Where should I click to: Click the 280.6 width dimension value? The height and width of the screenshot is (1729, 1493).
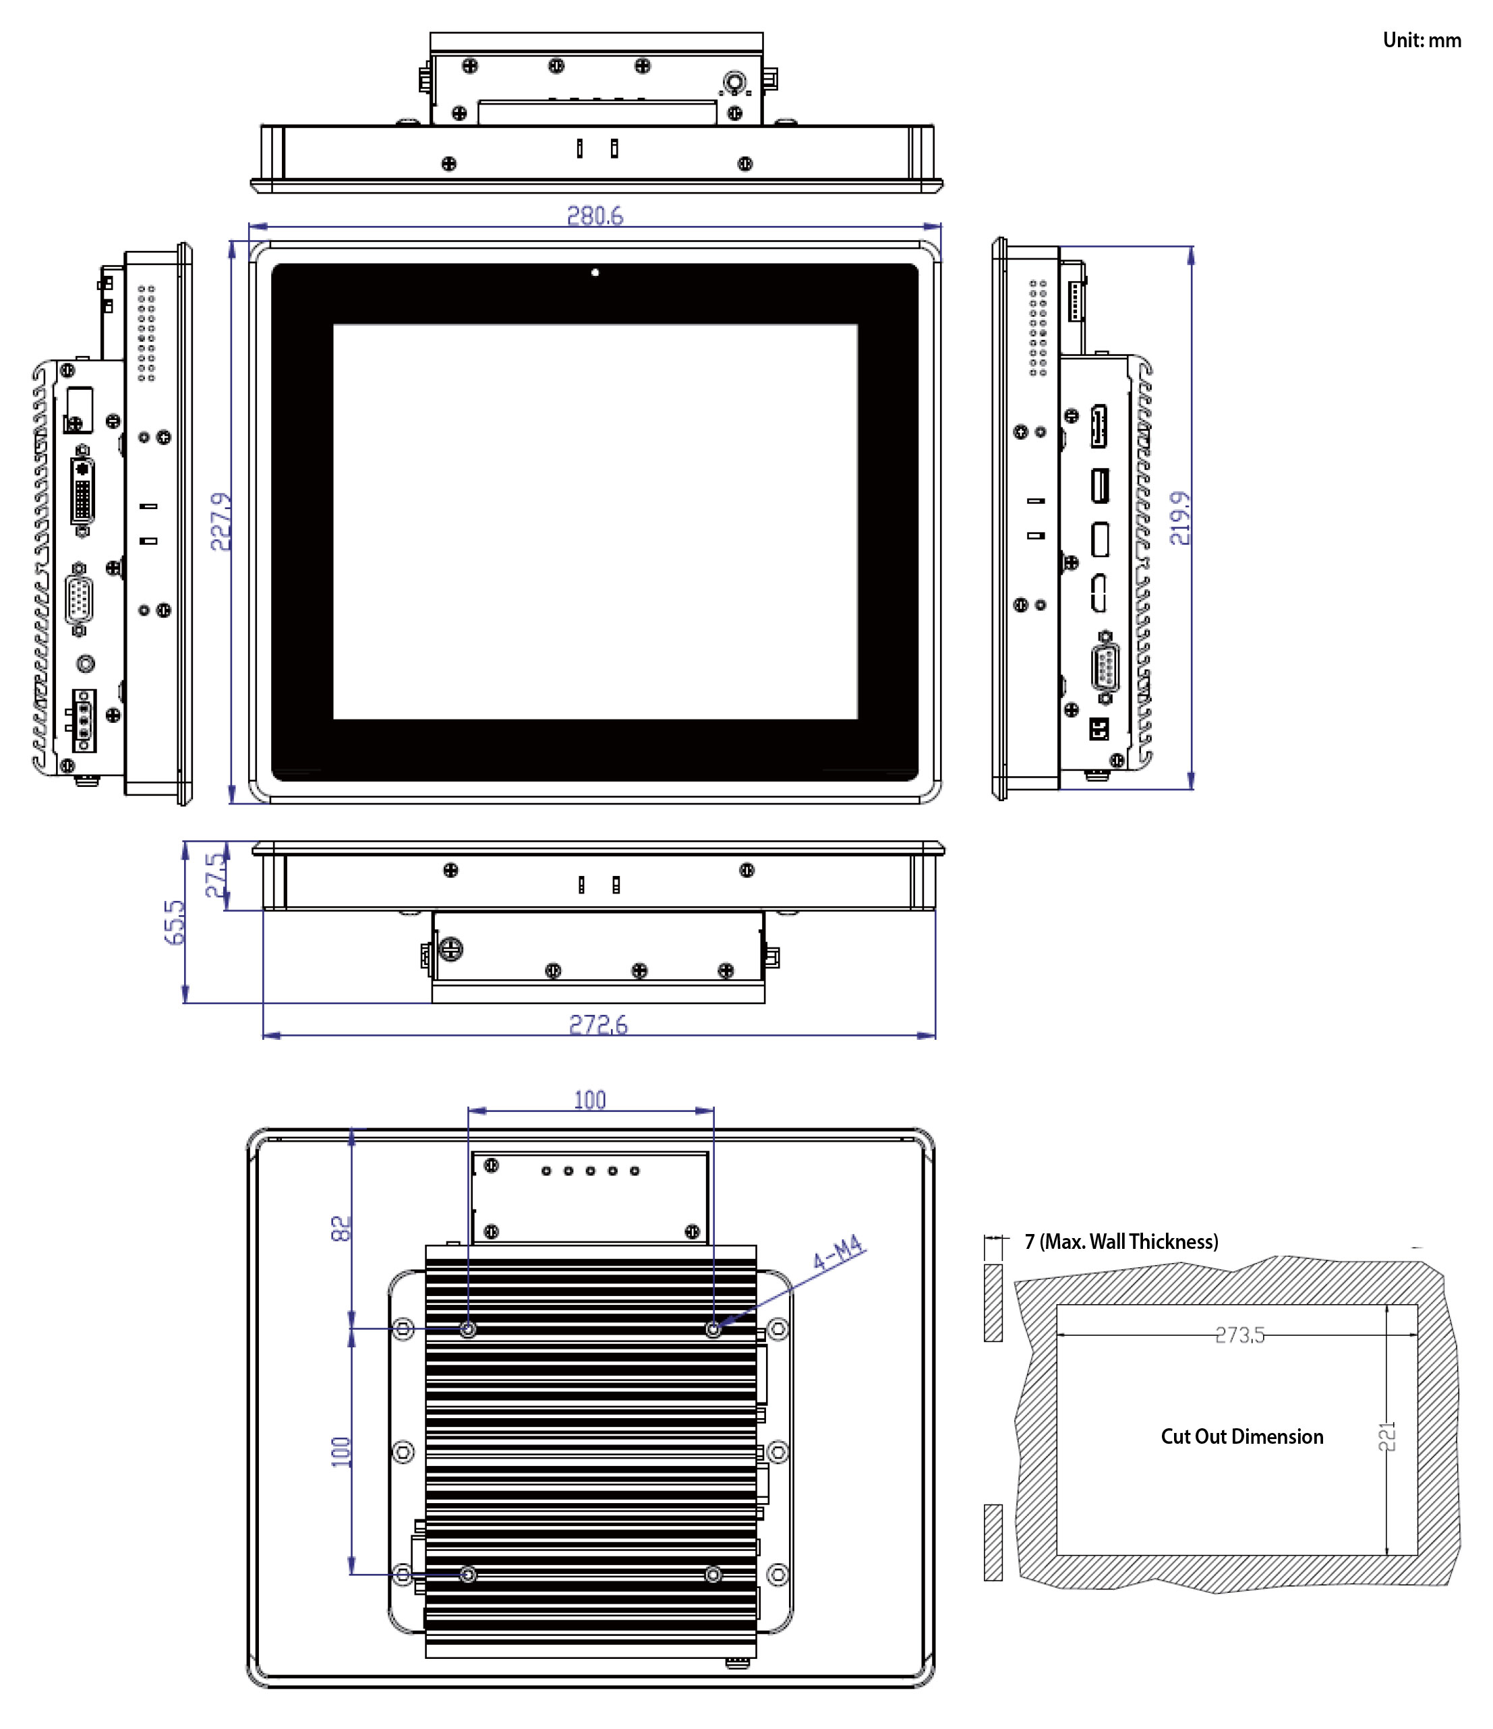[x=594, y=216]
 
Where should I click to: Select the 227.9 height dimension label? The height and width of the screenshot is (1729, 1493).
[x=221, y=521]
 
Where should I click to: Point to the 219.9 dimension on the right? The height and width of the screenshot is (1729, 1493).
[x=1180, y=517]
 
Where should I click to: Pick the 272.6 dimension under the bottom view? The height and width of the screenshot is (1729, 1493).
[x=597, y=1025]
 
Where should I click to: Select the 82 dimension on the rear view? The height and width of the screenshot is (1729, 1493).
[x=341, y=1229]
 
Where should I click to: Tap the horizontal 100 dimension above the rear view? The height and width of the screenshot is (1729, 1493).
[x=589, y=1100]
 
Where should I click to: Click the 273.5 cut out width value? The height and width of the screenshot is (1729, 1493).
[x=1239, y=1335]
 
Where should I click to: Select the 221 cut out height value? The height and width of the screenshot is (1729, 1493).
[x=1386, y=1435]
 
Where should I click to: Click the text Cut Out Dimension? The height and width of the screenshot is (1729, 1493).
[x=1241, y=1436]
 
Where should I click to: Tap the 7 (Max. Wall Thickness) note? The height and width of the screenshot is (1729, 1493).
[x=1121, y=1241]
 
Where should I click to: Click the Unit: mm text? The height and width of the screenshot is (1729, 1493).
[x=1422, y=40]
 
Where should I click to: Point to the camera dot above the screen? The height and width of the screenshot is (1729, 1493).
[x=595, y=272]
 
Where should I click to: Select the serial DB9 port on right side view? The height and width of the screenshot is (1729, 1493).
[x=1105, y=668]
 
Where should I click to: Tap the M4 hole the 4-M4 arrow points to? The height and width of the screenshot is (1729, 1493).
[x=713, y=1328]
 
